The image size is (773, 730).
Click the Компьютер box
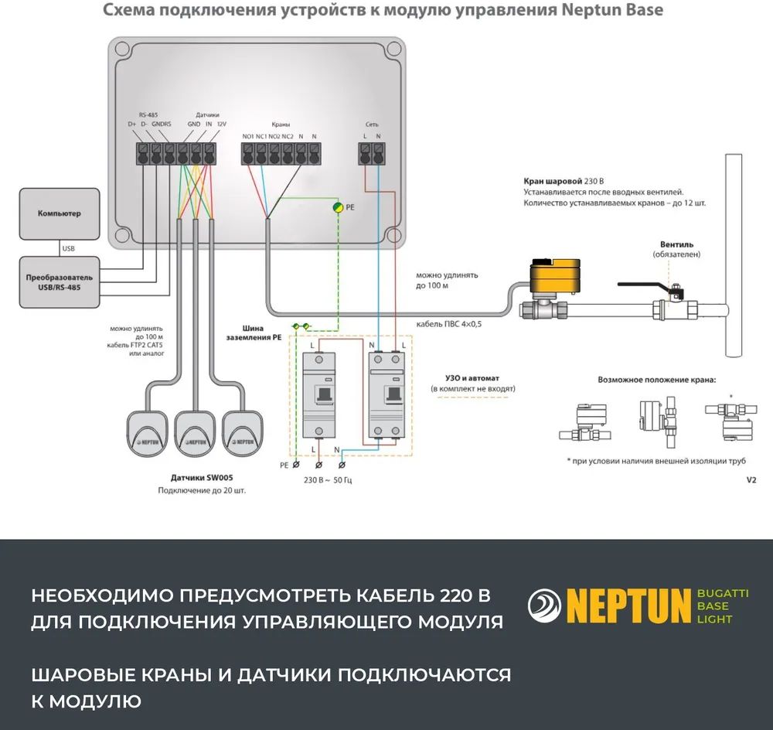pos(60,213)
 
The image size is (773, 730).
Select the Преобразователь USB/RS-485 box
pos(60,281)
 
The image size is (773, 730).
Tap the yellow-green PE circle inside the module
pos(338,208)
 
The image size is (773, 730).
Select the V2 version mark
pos(751,479)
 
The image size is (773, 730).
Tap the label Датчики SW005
pos(202,477)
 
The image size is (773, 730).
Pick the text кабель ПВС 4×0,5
pos(448,324)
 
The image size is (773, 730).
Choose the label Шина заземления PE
pos(254,333)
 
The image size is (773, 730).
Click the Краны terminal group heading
pos(281,125)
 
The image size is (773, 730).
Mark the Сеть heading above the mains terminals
pos(371,125)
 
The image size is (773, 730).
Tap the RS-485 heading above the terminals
pos(148,113)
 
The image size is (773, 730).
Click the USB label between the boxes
pos(68,248)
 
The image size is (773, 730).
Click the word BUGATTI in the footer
pos(723,593)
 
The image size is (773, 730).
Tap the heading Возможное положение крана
pos(657,380)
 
